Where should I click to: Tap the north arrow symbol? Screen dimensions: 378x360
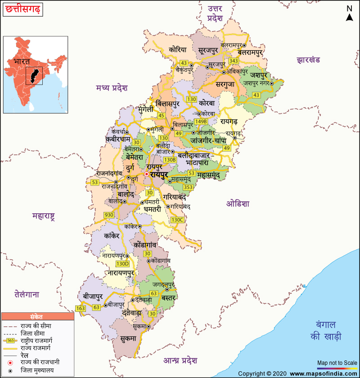[349, 13]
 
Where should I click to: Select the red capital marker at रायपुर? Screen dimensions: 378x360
[146, 174]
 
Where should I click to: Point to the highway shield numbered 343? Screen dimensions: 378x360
[234, 61]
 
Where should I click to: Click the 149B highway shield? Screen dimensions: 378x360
[201, 121]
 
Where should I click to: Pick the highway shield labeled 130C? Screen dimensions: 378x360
[177, 220]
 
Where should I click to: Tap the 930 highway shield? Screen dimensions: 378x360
[109, 215]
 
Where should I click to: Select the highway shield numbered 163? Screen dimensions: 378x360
[80, 308]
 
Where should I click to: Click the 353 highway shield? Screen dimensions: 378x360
[188, 187]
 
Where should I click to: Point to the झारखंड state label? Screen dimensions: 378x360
[308, 60]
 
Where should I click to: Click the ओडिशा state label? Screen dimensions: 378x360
[237, 203]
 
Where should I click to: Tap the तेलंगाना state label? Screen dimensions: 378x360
[26, 295]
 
